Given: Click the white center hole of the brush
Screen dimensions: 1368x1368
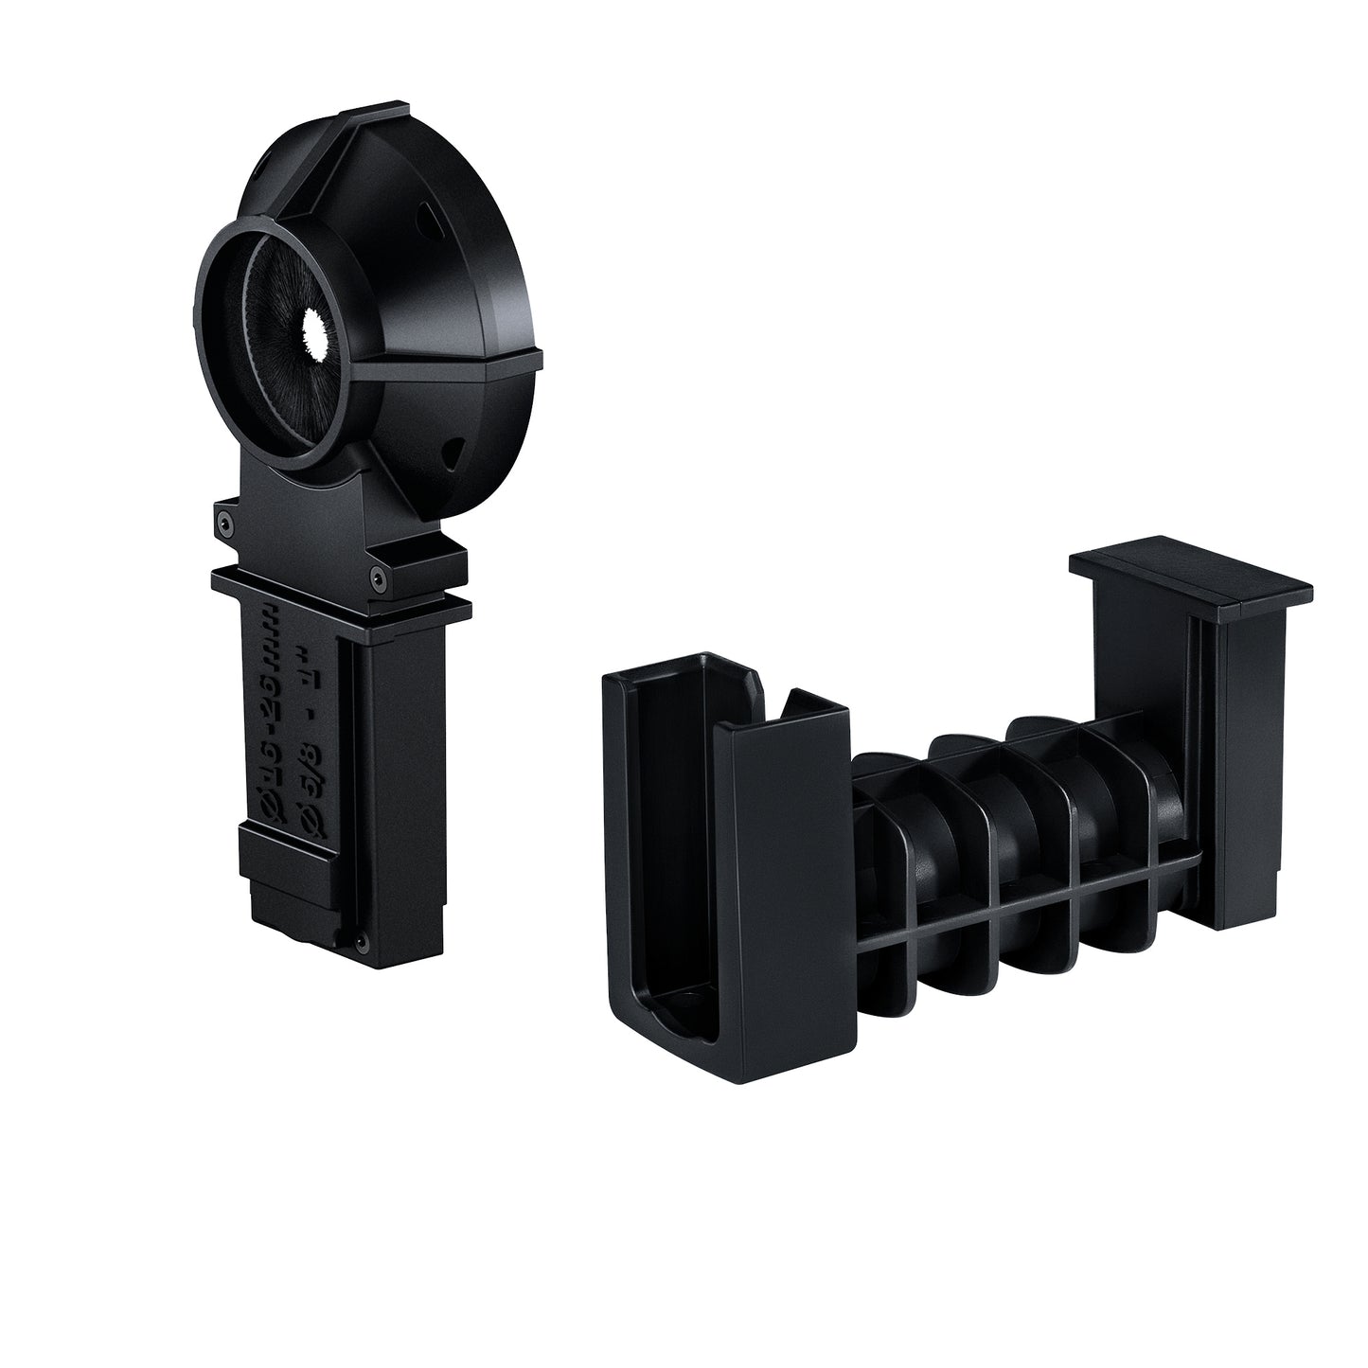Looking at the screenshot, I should pyautogui.click(x=311, y=332).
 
